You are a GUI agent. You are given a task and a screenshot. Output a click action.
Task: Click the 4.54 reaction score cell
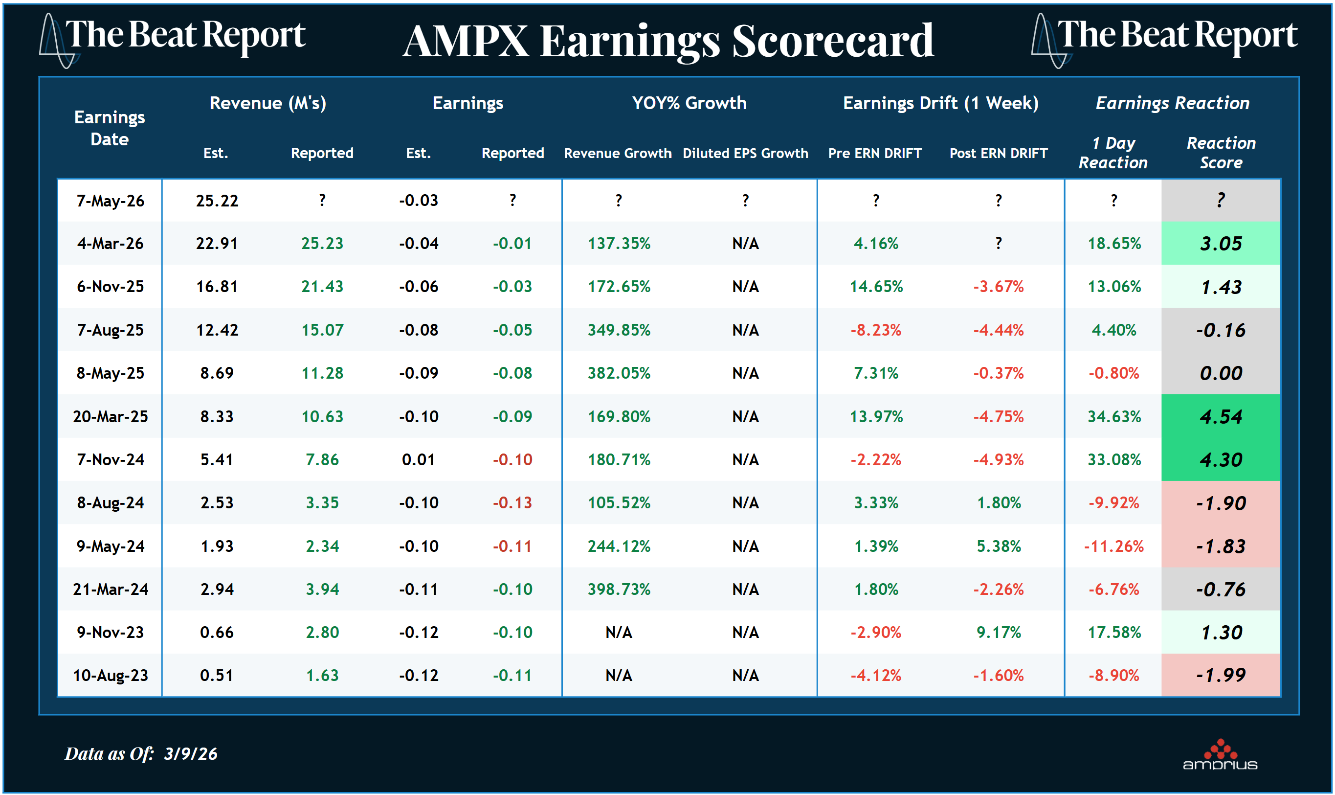click(1221, 416)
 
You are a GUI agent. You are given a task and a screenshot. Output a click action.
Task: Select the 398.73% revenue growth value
click(619, 590)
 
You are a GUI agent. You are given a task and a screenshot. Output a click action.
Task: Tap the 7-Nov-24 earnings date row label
click(111, 460)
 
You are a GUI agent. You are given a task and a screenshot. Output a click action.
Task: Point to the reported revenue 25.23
click(322, 244)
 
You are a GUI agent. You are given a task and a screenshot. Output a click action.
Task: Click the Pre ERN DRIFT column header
click(874, 153)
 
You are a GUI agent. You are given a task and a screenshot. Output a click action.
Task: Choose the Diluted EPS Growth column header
click(745, 153)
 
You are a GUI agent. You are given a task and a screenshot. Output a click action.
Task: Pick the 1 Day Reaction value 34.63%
click(1114, 416)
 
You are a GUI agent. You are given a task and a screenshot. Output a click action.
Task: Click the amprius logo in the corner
click(1220, 756)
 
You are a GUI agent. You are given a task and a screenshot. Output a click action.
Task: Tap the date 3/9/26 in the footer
click(191, 754)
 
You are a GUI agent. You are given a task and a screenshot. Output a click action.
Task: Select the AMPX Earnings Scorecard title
click(668, 41)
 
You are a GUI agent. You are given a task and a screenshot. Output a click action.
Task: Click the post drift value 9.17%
click(998, 632)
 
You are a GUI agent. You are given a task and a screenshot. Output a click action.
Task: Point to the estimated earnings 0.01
click(418, 460)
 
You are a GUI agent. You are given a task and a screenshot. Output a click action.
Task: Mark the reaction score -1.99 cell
click(1221, 675)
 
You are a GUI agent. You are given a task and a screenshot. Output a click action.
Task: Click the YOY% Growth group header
click(689, 103)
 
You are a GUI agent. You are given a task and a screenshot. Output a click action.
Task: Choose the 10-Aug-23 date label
click(111, 675)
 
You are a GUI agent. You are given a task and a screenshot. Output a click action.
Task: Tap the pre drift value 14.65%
click(876, 287)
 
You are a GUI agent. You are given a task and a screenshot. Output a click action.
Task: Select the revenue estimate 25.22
click(217, 201)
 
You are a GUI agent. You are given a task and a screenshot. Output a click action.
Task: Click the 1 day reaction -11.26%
click(1114, 546)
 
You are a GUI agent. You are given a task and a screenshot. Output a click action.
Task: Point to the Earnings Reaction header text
click(1172, 103)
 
